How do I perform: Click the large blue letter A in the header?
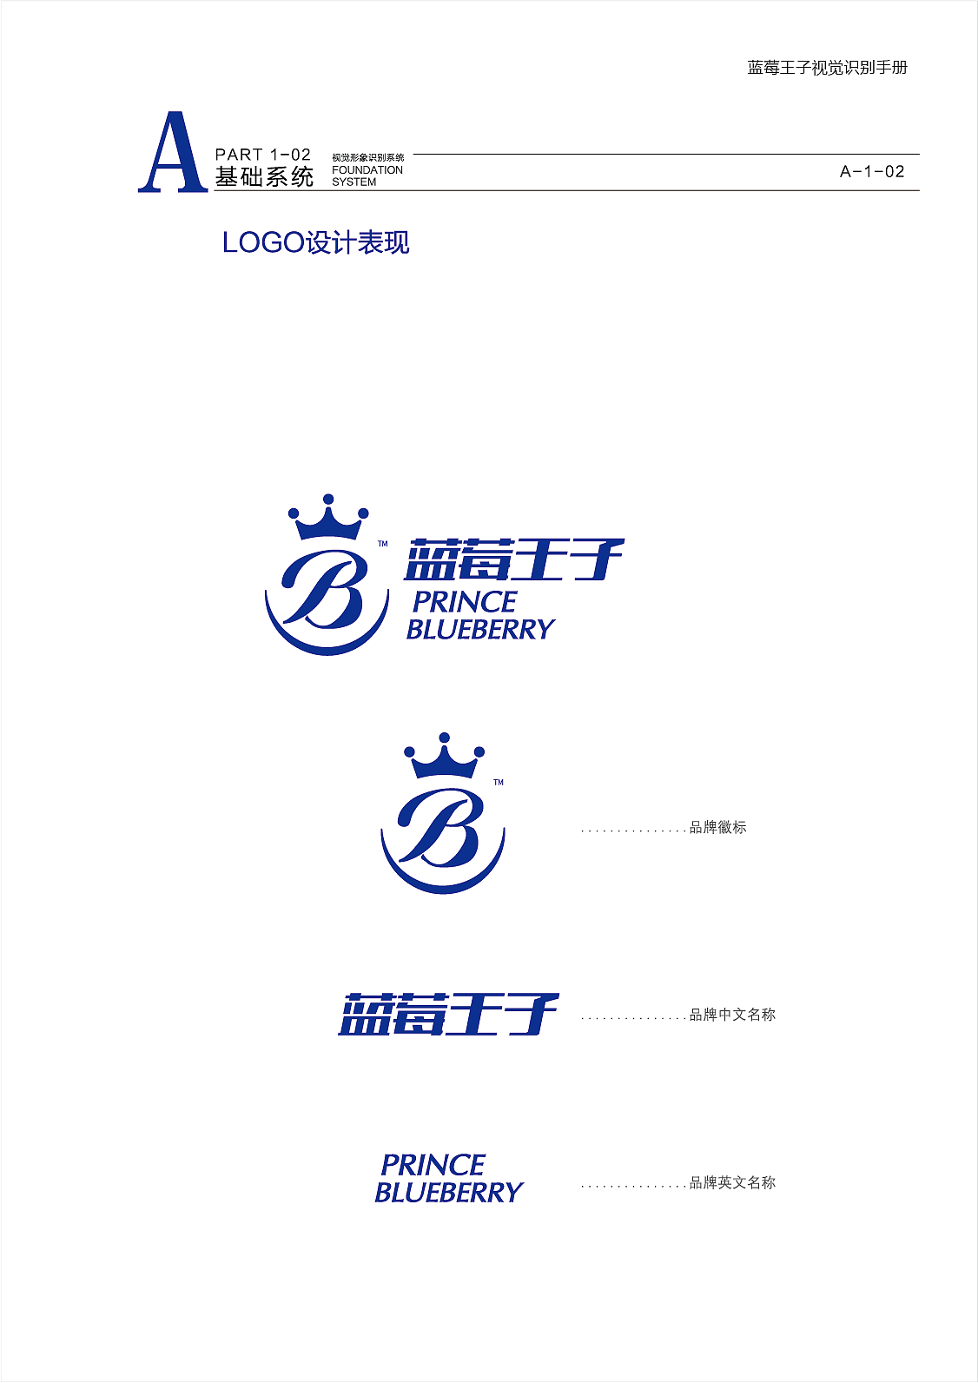tap(172, 153)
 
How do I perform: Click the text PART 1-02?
tap(262, 155)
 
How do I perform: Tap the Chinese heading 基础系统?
tap(264, 177)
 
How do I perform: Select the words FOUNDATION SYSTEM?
tap(367, 175)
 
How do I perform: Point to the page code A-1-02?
tap(872, 172)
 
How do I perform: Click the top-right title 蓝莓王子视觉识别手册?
tap(827, 68)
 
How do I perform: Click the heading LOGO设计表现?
tap(315, 242)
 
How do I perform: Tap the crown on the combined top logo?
tap(328, 519)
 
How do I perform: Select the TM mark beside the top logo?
tap(382, 545)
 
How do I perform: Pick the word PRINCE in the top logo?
tap(465, 601)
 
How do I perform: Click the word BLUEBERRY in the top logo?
tap(480, 629)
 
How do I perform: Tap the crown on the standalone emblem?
tap(444, 757)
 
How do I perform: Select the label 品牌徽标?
tap(717, 828)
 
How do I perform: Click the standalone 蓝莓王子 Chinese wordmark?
tap(448, 1014)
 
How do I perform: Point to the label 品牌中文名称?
tap(732, 1015)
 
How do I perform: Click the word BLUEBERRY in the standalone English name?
tap(449, 1192)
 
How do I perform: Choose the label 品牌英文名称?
tap(732, 1182)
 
